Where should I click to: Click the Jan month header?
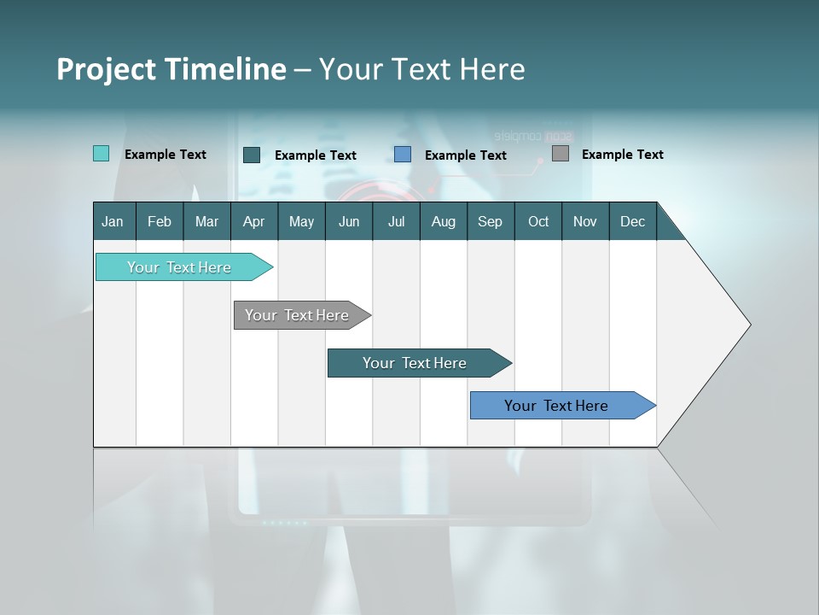tap(113, 221)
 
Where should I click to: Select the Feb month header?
tap(160, 221)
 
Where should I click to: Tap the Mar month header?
tap(206, 221)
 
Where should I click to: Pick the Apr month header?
tap(253, 221)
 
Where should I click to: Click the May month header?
tap(301, 221)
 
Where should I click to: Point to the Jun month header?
tap(349, 221)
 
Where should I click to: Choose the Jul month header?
tap(396, 221)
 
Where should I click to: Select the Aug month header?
tap(443, 221)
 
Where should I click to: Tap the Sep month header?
tap(490, 221)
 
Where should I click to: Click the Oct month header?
tap(538, 221)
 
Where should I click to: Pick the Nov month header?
tap(585, 221)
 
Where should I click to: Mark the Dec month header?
tap(632, 221)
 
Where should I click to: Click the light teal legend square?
tap(101, 154)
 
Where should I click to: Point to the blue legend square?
tap(403, 155)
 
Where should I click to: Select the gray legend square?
tap(561, 154)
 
